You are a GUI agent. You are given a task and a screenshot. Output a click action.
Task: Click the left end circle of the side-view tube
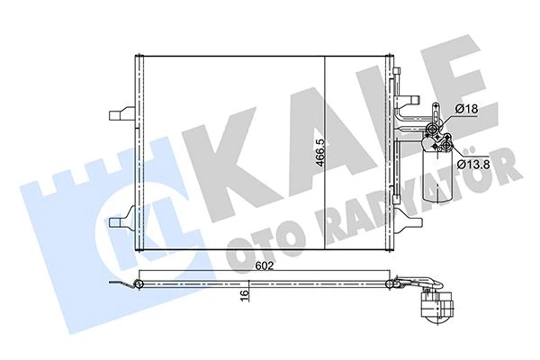139,285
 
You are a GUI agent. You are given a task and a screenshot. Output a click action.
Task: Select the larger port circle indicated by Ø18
436,127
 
